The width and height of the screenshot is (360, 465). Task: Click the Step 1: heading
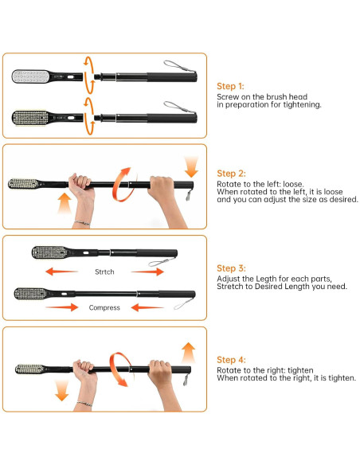pyautogui.click(x=230, y=86)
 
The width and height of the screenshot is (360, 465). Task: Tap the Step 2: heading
pyautogui.click(x=231, y=174)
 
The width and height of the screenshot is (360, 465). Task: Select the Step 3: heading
pyautogui.click(x=231, y=268)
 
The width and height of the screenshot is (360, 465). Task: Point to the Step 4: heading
pyautogui.click(x=231, y=360)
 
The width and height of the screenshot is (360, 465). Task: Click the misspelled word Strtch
pyautogui.click(x=104, y=272)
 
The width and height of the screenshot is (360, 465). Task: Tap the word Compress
pyautogui.click(x=104, y=308)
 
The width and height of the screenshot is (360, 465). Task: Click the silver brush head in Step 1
pyautogui.click(x=30, y=76)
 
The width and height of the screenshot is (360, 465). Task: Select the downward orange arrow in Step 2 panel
pyautogui.click(x=191, y=166)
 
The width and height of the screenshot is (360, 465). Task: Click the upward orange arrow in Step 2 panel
pyautogui.click(x=65, y=204)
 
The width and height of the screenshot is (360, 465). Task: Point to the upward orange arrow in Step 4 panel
pyautogui.click(x=188, y=353)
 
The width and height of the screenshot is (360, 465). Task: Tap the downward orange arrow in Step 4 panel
pyautogui.click(x=61, y=391)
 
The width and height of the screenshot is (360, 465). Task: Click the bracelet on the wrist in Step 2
pyautogui.click(x=82, y=222)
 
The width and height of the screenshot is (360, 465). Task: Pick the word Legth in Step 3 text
pyautogui.click(x=266, y=279)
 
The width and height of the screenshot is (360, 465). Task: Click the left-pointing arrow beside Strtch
pyautogui.click(x=61, y=272)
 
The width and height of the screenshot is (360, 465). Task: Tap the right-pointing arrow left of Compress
pyautogui.click(x=61, y=307)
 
